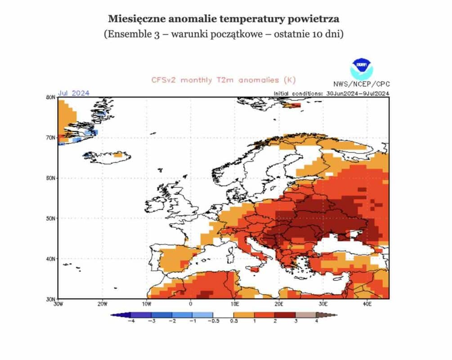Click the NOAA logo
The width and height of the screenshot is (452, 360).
(x=362, y=69)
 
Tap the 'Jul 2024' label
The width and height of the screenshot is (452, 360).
(x=73, y=93)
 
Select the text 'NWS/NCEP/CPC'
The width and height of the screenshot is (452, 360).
(x=362, y=84)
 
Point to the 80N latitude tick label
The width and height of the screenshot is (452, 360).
(x=50, y=98)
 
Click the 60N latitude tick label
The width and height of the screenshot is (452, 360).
(x=50, y=178)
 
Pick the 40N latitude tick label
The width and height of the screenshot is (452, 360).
(x=50, y=259)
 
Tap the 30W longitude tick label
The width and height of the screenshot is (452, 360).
(x=58, y=304)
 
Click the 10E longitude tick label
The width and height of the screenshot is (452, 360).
(x=235, y=304)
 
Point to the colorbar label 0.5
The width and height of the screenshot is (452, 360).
(x=234, y=321)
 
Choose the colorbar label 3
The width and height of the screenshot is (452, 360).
(x=296, y=321)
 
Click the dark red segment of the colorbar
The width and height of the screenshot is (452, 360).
(x=285, y=315)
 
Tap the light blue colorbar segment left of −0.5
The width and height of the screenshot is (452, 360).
(x=203, y=315)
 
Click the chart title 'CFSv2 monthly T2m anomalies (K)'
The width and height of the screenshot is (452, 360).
(x=224, y=80)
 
